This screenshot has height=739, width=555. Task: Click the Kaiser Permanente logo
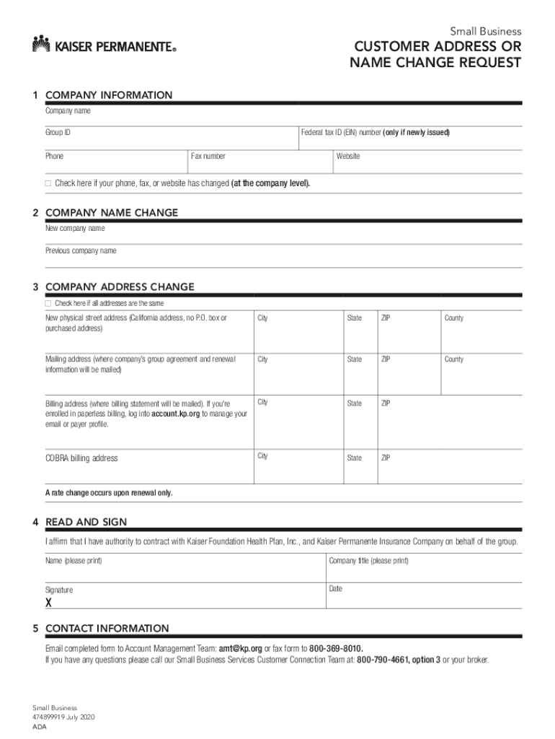pyautogui.click(x=104, y=45)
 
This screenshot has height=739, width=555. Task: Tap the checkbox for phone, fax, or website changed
pyautogui.click(x=48, y=183)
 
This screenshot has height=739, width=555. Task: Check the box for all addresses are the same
pyautogui.click(x=48, y=303)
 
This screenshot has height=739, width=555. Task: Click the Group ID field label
pyautogui.click(x=58, y=133)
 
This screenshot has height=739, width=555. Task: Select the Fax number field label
pyautogui.click(x=208, y=156)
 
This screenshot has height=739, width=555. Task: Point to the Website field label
pyautogui.click(x=348, y=156)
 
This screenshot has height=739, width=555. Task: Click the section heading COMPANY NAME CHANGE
pyautogui.click(x=111, y=213)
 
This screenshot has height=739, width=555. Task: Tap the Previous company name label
pyautogui.click(x=81, y=250)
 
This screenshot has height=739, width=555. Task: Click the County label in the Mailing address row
pyautogui.click(x=454, y=359)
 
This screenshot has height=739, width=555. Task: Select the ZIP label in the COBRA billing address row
pyautogui.click(x=386, y=458)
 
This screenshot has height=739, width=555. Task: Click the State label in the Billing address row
pyautogui.click(x=354, y=403)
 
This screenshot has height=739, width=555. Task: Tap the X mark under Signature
pyautogui.click(x=49, y=602)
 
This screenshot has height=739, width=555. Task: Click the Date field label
pyautogui.click(x=335, y=589)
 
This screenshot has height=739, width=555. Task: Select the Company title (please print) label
pyautogui.click(x=368, y=561)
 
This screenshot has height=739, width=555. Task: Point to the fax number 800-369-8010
pyautogui.click(x=336, y=648)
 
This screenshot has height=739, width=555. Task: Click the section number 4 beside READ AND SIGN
pyautogui.click(x=35, y=522)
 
